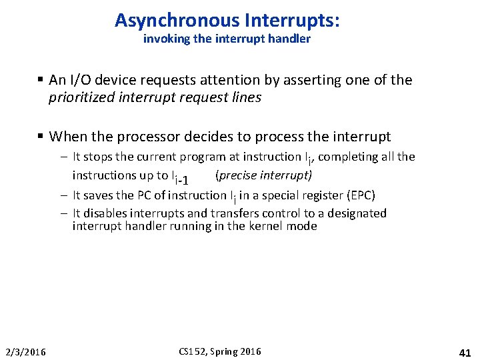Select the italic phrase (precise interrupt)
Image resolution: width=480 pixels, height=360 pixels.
(263, 175)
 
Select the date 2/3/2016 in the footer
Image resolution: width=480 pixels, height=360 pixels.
(25, 351)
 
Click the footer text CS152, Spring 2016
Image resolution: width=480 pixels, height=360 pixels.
(220, 351)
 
